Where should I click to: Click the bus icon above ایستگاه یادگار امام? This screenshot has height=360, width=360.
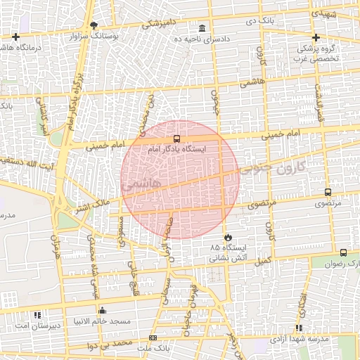tap(176, 139)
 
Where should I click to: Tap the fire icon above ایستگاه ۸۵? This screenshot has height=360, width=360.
tap(227, 237)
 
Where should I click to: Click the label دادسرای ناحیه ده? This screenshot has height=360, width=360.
tap(202, 39)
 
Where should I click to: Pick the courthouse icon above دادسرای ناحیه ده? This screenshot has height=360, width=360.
tap(202, 28)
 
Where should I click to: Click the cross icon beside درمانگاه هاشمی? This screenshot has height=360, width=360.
tap(15, 37)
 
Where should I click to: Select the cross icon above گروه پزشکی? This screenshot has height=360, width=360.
tap(316, 38)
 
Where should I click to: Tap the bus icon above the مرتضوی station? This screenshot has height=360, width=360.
tap(328, 192)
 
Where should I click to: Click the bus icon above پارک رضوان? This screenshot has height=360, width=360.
tap(343, 252)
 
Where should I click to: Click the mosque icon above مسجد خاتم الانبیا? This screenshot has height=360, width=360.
tap(103, 310)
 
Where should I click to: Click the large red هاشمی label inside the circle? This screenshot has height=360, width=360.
tap(141, 185)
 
